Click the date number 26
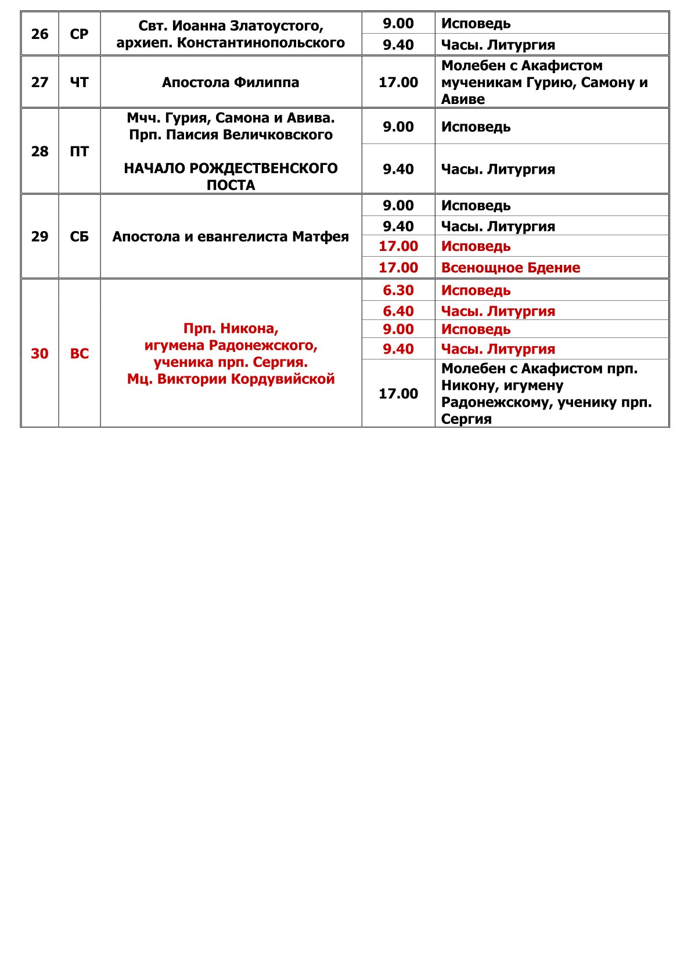tap(39, 34)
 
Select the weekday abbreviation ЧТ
tap(79, 82)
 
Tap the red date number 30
tap(39, 354)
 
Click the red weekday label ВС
tap(79, 354)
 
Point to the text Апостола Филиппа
tap(231, 82)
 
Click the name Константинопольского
tap(261, 43)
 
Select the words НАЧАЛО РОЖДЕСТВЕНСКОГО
tap(231, 168)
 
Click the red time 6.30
tap(398, 290)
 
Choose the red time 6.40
tap(398, 311)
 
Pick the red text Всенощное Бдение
tap(510, 268)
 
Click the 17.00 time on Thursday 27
tap(398, 82)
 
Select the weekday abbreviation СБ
tap(79, 237)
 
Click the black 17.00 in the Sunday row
tap(398, 394)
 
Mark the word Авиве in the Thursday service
tap(463, 99)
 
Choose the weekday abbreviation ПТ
tap(79, 152)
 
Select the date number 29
tap(39, 237)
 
